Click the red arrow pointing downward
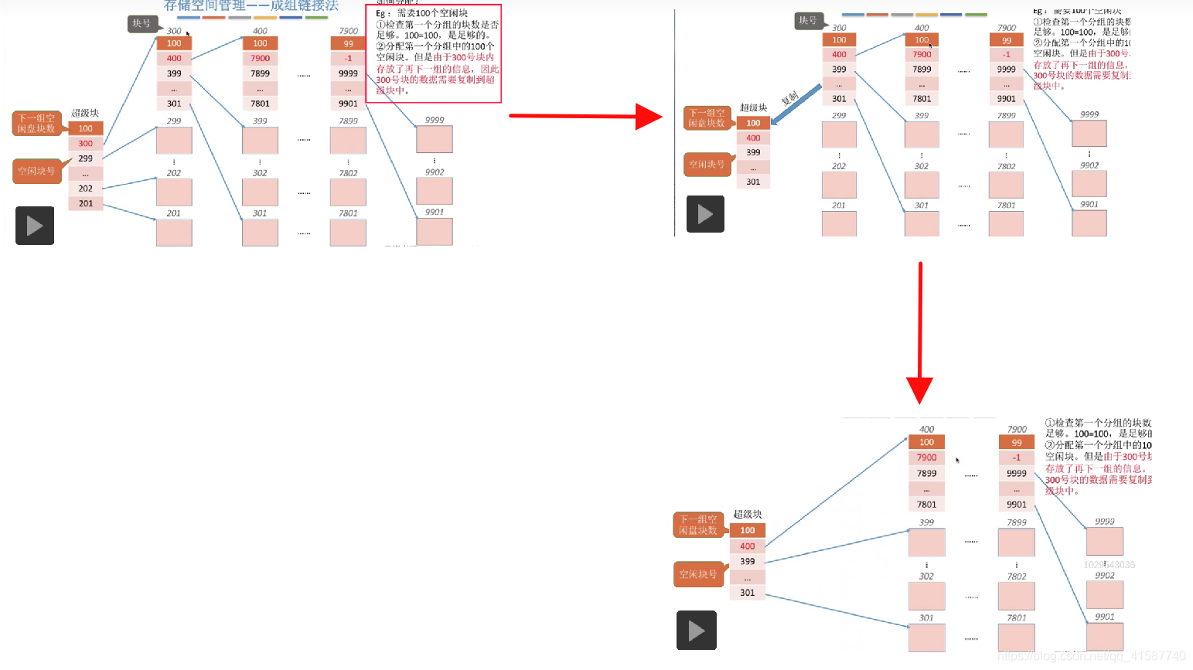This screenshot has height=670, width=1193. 920,332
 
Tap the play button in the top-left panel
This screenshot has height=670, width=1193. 35,226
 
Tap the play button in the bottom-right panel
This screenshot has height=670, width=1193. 697,631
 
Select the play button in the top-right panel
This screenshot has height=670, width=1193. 705,214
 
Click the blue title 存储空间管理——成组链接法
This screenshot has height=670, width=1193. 251,5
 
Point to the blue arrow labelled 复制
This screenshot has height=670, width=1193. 796,104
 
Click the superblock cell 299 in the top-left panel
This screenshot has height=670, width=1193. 86,158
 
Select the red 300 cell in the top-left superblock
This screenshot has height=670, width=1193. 86,144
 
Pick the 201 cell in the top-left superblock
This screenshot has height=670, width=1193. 86,203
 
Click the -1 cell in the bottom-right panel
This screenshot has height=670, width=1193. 1017,457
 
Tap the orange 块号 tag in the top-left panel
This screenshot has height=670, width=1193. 142,24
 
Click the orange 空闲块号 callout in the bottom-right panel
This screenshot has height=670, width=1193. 698,574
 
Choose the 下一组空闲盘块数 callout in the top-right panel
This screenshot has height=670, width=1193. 707,118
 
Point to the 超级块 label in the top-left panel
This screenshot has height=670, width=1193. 85,113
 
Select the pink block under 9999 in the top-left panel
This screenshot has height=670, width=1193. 435,140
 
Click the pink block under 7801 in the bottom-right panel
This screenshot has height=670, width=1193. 1017,638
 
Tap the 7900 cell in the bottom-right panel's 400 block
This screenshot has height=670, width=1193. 926,457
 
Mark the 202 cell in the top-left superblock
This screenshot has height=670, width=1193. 86,189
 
